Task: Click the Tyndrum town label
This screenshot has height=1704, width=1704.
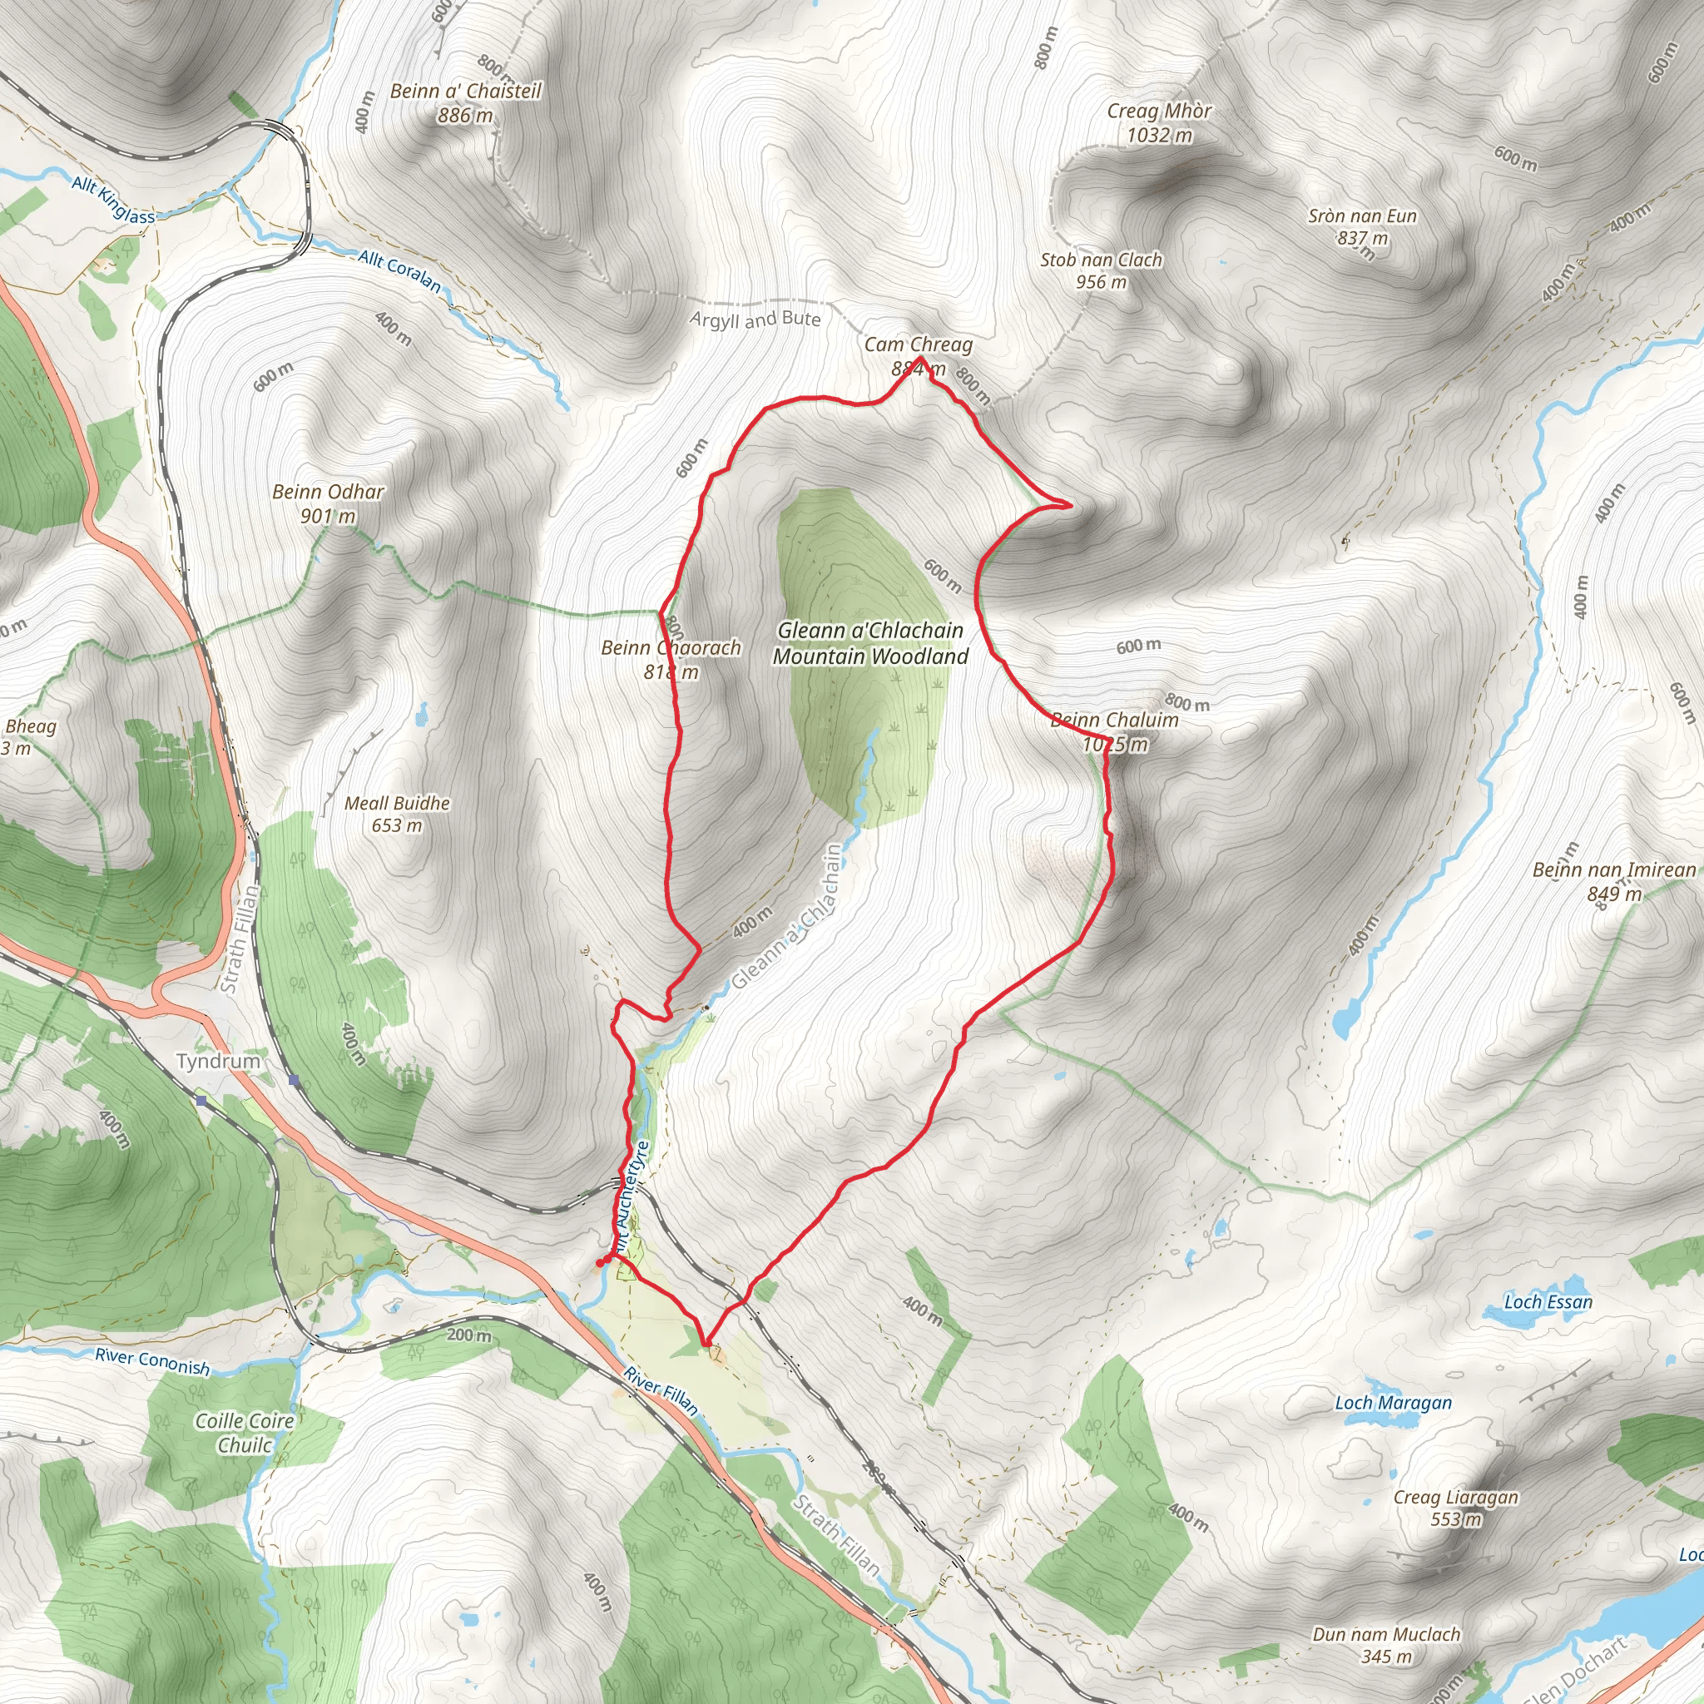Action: point(218,1060)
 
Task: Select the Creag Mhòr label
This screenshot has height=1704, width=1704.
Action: point(1159,111)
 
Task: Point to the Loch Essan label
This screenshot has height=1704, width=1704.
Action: point(1548,1302)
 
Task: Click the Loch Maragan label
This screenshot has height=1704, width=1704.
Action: point(1393,1402)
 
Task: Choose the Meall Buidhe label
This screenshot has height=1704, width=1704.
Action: point(397,804)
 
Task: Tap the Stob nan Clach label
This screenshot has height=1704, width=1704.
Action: point(1101,260)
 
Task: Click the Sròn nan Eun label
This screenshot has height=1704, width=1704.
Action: point(1362,216)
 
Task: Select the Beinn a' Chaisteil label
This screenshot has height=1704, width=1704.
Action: point(466,91)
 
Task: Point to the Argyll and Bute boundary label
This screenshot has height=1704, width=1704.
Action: point(755,319)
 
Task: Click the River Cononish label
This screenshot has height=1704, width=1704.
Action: point(152,1360)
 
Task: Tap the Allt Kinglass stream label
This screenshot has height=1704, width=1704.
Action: point(113,200)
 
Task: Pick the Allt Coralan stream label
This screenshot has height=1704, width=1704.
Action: point(399,270)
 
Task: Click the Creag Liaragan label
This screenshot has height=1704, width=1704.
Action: point(1455,1497)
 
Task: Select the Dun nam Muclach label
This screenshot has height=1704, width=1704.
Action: point(1386,1634)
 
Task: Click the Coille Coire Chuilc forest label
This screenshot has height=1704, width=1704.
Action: point(245,1433)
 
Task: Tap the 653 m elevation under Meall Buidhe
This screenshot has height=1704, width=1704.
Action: point(397,825)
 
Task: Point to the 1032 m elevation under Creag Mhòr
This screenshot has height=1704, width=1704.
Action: point(1159,135)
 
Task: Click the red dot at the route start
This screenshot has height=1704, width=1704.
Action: point(601,1263)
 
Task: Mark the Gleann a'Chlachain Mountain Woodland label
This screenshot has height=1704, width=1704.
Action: point(869,643)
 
